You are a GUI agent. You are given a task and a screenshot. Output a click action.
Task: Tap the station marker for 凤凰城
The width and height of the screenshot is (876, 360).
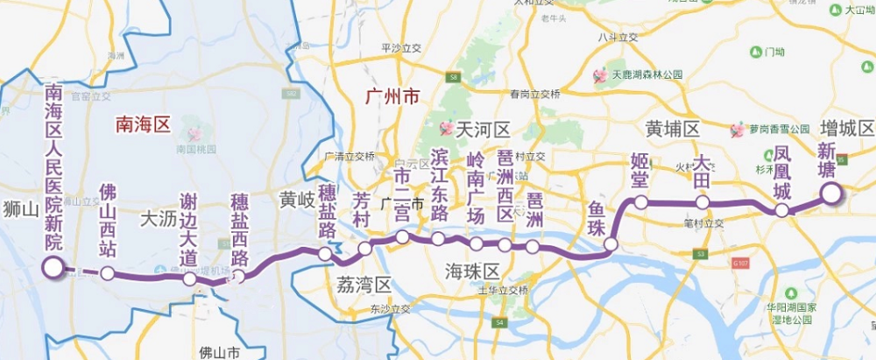(x=782, y=210)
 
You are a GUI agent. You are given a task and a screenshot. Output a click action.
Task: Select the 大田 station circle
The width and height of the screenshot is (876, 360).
(x=702, y=202)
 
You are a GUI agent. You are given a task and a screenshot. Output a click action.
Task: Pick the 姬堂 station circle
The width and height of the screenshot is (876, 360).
(x=641, y=202)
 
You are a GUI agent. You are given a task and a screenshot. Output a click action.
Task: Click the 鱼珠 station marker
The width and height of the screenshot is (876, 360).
(x=611, y=244)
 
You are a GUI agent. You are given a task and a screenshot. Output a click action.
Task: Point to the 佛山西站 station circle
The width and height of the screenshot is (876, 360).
(x=107, y=273)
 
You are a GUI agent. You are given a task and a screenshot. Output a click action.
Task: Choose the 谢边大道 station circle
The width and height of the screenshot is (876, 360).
(x=189, y=279)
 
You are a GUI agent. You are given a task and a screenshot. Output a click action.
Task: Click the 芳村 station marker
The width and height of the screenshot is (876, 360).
(x=365, y=249)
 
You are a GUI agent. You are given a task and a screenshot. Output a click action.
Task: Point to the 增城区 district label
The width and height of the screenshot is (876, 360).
(x=847, y=129)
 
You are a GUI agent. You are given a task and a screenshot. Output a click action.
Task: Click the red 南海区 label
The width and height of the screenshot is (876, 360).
(x=143, y=124)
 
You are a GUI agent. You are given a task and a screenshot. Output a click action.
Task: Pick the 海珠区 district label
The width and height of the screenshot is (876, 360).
(x=470, y=268)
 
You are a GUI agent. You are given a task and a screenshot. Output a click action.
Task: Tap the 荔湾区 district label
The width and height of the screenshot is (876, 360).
(x=364, y=284)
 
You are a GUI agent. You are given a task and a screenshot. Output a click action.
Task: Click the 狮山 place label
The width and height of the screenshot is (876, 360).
(x=19, y=210)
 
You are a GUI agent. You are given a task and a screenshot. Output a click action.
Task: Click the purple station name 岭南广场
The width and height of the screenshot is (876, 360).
(x=476, y=187)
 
